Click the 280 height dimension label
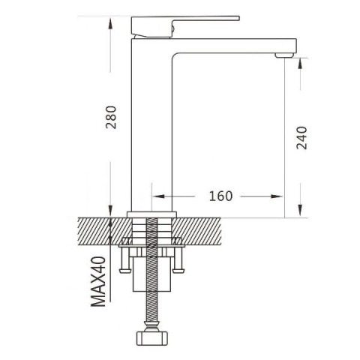click(x=111, y=117)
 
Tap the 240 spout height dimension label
click(x=301, y=138)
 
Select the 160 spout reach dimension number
click(x=220, y=196)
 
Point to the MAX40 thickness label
click(x=98, y=281)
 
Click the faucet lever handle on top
click(x=185, y=26)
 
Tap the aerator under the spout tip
click(x=283, y=55)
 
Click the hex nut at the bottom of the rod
click(x=151, y=338)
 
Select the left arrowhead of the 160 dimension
click(x=158, y=196)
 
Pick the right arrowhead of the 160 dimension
click(x=277, y=196)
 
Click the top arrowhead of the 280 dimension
click(x=110, y=24)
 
